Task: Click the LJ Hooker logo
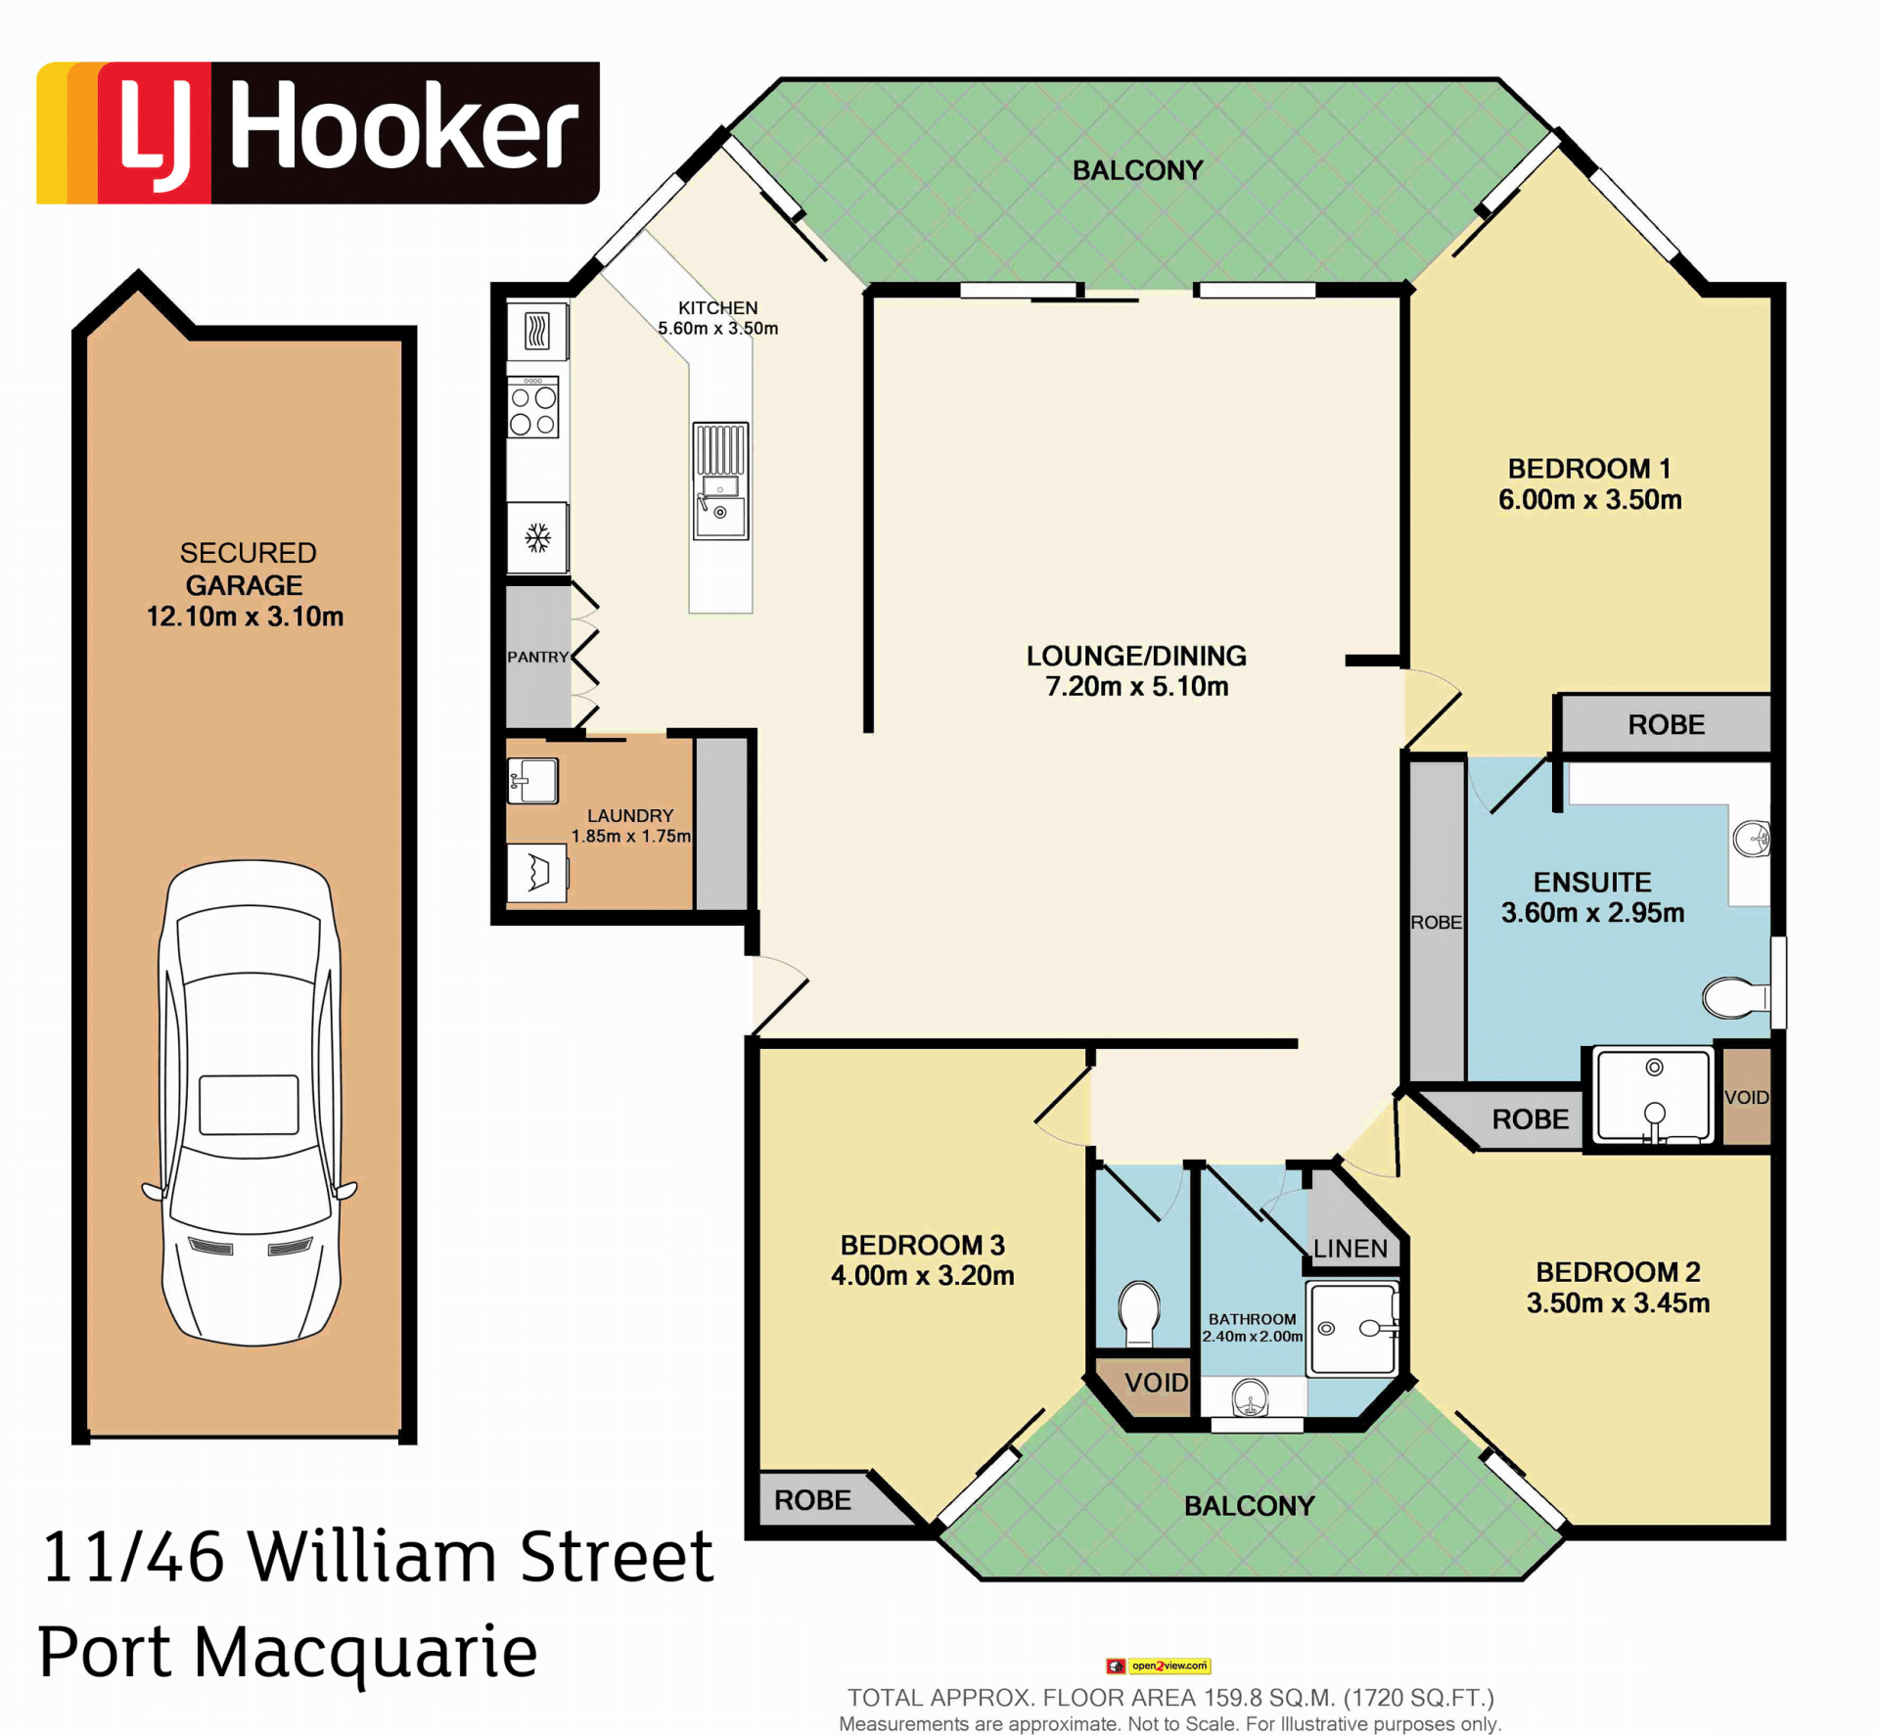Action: click(318, 133)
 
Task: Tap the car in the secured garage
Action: click(250, 1103)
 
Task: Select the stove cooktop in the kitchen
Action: click(533, 407)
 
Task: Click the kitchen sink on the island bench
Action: click(720, 480)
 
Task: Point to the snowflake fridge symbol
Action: click(537, 537)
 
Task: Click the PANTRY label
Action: click(537, 657)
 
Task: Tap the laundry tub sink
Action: click(532, 781)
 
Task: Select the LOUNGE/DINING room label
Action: click(1136, 656)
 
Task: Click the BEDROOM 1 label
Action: click(1589, 469)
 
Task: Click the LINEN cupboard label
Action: click(1351, 1249)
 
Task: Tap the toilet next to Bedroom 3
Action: click(1139, 1312)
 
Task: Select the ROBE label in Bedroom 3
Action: click(812, 1500)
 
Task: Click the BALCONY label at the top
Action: click(1137, 170)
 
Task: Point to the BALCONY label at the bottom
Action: click(1249, 1506)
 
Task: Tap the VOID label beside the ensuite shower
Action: click(1747, 1097)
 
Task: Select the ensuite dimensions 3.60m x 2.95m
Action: click(1593, 913)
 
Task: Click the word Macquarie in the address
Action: click(365, 1651)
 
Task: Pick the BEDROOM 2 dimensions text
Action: click(1619, 1303)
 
